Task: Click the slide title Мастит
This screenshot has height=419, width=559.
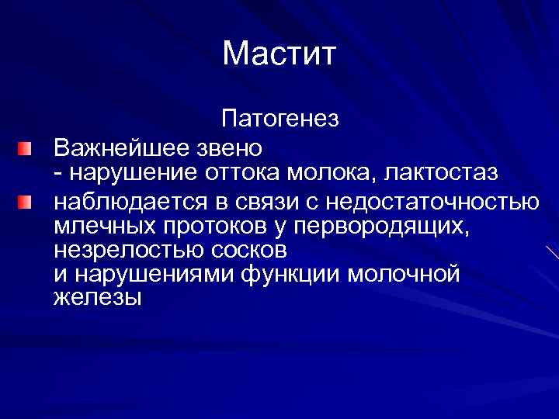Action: (279, 54)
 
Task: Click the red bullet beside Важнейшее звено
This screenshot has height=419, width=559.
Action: (26, 146)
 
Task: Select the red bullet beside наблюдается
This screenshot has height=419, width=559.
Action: (26, 203)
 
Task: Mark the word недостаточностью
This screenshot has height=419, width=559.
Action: (432, 203)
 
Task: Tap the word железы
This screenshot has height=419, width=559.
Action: (97, 297)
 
